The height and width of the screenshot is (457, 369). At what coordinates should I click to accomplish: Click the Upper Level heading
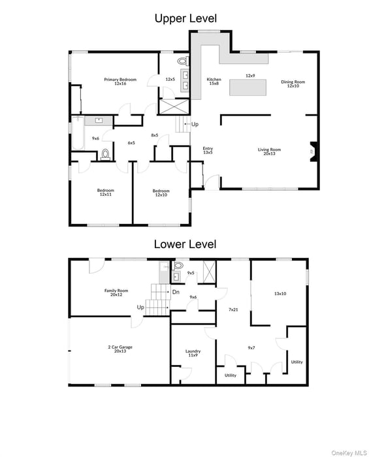click(x=185, y=18)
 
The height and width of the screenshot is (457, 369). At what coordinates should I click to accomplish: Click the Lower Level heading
click(x=185, y=245)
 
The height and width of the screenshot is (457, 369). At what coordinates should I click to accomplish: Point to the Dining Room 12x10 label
click(x=293, y=84)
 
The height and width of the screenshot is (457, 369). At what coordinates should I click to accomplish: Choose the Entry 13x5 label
click(x=208, y=150)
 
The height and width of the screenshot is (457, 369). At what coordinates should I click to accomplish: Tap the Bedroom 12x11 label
click(x=106, y=193)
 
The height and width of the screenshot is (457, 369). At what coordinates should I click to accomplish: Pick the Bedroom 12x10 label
click(x=161, y=193)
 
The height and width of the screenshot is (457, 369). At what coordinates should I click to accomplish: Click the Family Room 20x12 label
click(x=116, y=292)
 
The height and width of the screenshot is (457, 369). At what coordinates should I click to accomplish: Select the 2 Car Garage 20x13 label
click(x=120, y=349)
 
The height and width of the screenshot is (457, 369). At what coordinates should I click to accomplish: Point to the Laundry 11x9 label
click(x=193, y=353)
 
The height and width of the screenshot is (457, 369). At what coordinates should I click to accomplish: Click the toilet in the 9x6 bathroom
click(x=106, y=155)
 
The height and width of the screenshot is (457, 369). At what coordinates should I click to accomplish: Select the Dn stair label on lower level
click(x=176, y=292)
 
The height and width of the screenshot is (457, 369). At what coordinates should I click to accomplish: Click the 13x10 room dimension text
click(x=280, y=294)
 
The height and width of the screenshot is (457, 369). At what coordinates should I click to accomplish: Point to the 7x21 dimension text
click(x=233, y=309)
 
